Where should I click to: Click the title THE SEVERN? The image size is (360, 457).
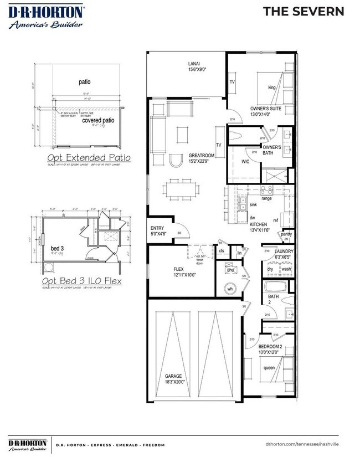(x=304, y=11)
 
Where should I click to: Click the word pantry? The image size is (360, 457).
(x=287, y=234)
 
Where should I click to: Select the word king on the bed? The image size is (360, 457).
(x=271, y=88)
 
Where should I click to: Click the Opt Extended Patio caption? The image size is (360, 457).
(x=89, y=158)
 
